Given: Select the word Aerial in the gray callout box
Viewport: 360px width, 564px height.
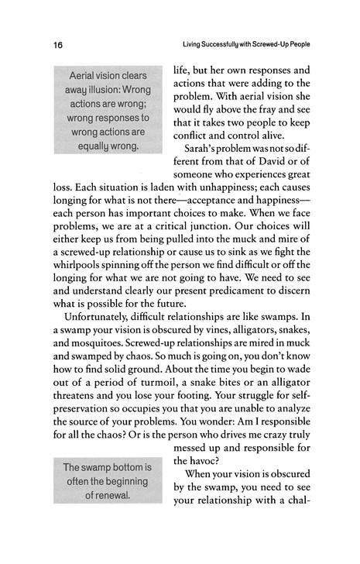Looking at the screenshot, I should pos(86,77).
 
